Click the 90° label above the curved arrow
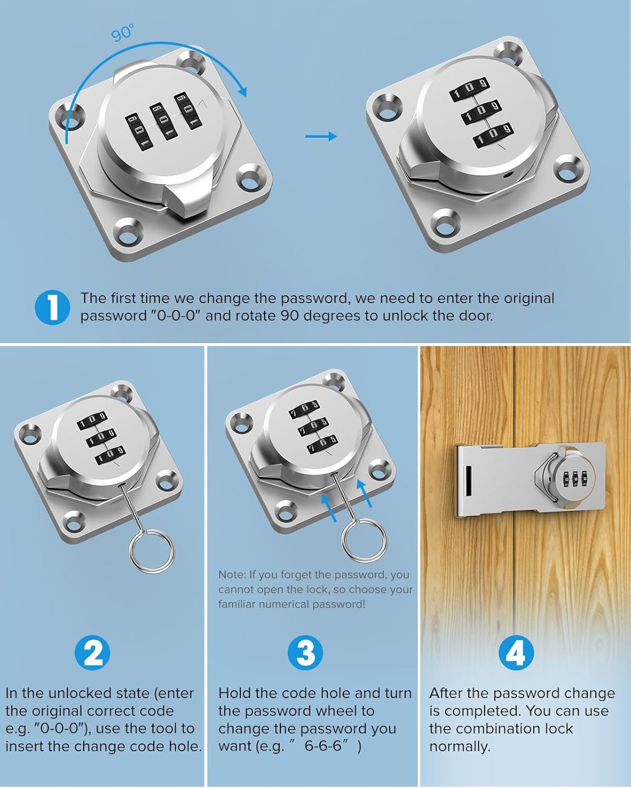(122, 33)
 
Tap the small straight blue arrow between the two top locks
(321, 136)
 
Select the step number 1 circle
(52, 307)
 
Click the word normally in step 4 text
(459, 746)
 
